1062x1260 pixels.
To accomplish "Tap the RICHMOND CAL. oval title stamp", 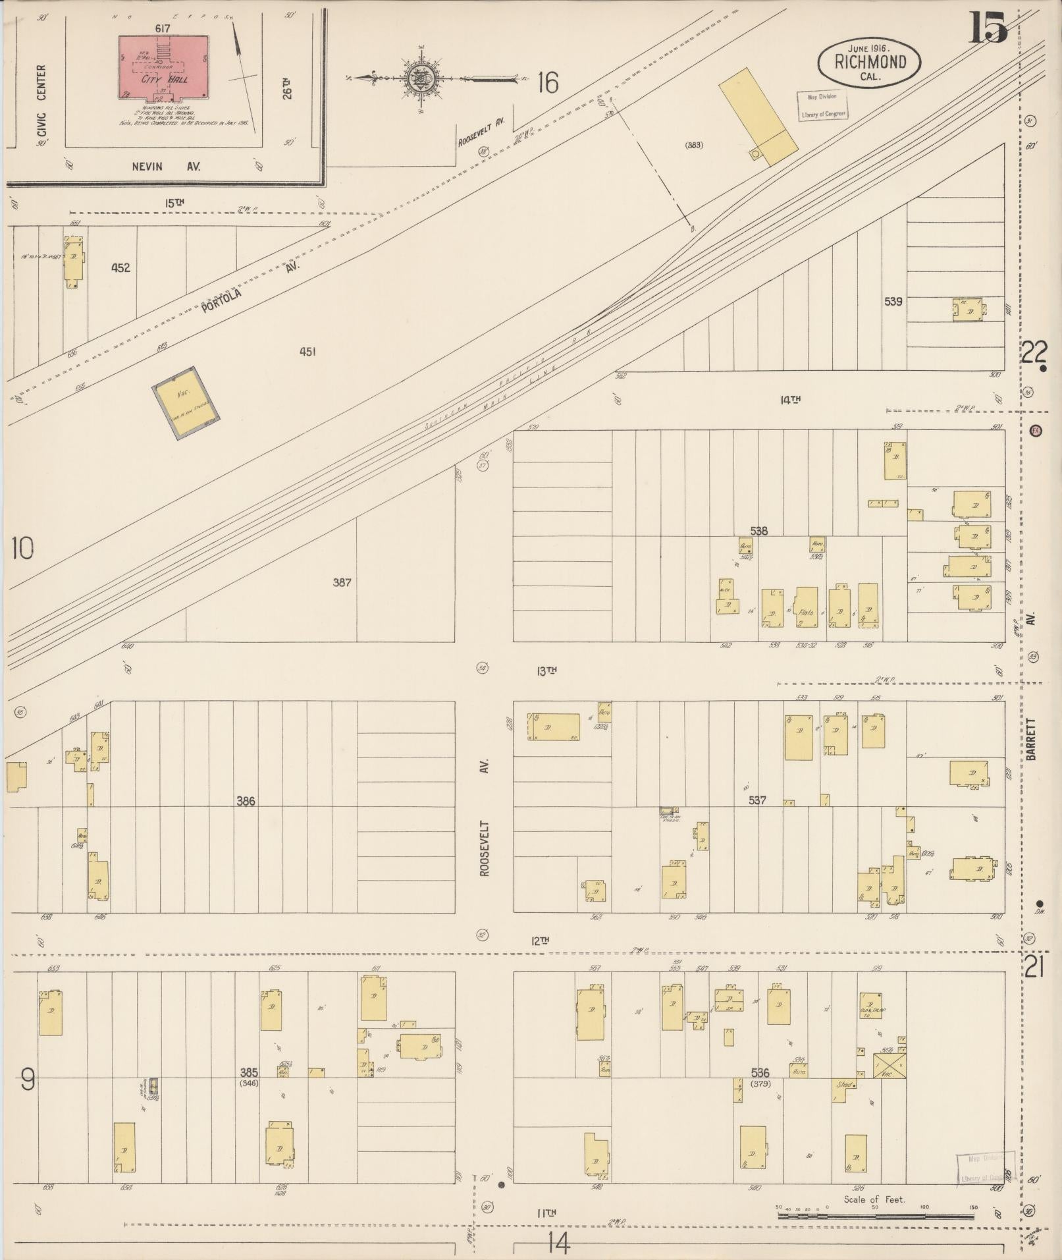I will point(869,62).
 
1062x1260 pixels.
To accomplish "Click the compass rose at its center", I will point(420,78).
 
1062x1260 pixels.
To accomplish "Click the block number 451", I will point(307,352).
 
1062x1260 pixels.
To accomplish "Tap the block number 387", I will point(342,582).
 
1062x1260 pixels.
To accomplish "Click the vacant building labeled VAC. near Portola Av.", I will point(186,402).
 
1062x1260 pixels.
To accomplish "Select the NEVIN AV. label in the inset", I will point(166,167).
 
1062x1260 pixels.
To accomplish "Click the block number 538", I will point(758,530).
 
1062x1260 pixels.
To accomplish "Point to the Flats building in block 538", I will point(807,607).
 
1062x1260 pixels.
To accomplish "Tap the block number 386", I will point(246,801).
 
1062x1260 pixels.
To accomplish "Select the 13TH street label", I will point(546,671).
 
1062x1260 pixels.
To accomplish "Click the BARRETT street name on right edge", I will point(1031,739).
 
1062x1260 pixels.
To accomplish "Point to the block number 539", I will point(893,302).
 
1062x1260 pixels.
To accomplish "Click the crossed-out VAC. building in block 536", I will point(889,1065).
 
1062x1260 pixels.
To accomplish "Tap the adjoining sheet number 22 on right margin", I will point(1034,354).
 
